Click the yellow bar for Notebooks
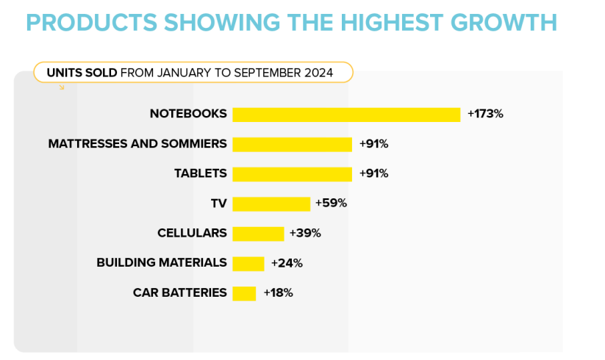(x=346, y=115)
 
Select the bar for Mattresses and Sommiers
(x=292, y=144)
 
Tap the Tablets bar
(x=292, y=174)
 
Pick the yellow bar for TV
(x=271, y=204)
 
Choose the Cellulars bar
(x=258, y=234)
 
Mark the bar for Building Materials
(x=248, y=263)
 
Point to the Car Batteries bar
(x=244, y=293)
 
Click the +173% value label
(x=484, y=114)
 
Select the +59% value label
(x=331, y=203)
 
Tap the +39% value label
(x=305, y=233)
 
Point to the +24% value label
(x=287, y=262)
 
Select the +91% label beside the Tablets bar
(x=373, y=173)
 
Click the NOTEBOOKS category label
(x=188, y=114)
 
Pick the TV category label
(x=218, y=204)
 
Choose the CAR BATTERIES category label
(x=179, y=292)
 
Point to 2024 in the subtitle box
(x=318, y=73)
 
